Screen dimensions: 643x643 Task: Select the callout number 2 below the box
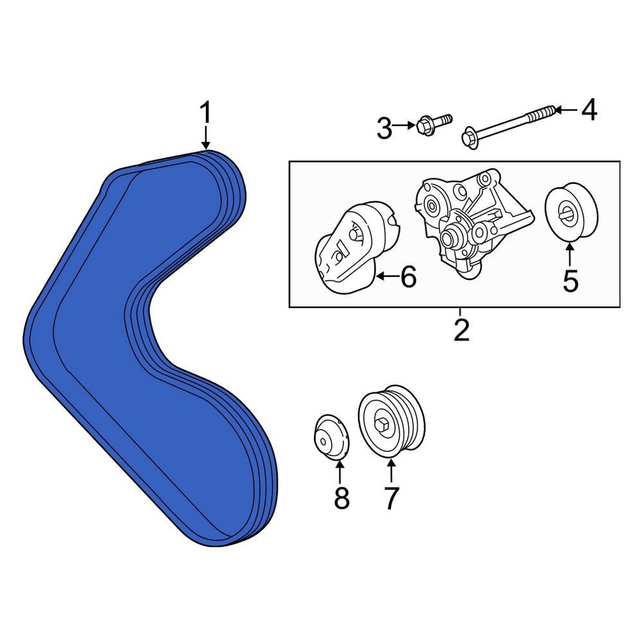[x=460, y=330]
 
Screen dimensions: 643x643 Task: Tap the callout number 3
[x=384, y=129]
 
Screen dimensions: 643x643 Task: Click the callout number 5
[x=570, y=280]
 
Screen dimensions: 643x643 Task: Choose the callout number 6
[x=408, y=278]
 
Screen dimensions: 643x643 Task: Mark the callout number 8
[x=341, y=497]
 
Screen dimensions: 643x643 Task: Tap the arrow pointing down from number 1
[x=205, y=138]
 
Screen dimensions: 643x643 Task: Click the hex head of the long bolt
[x=470, y=138]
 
